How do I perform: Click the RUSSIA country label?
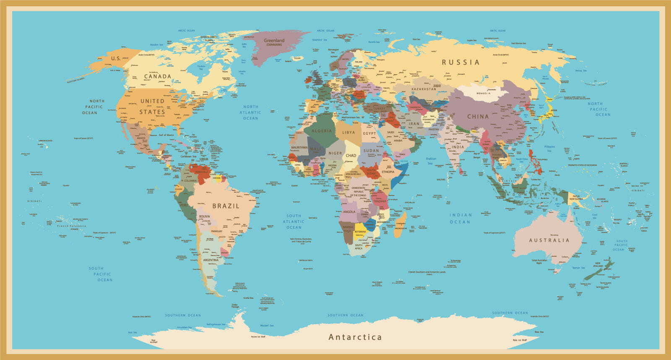pyautogui.click(x=460, y=62)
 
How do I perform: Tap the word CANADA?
pyautogui.click(x=157, y=76)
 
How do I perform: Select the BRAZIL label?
pyautogui.click(x=226, y=206)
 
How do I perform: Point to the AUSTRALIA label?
pyautogui.click(x=549, y=240)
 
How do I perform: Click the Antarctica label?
pyautogui.click(x=355, y=337)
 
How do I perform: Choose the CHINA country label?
pyautogui.click(x=478, y=117)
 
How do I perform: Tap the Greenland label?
pyautogui.click(x=274, y=41)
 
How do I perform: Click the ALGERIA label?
pyautogui.click(x=322, y=131)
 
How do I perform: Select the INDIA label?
pyautogui.click(x=458, y=147)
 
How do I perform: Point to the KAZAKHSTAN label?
pyautogui.click(x=424, y=89)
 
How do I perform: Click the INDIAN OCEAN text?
pyautogui.click(x=460, y=218)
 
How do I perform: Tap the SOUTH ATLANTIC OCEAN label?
pyautogui.click(x=294, y=222)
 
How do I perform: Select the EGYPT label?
pyautogui.click(x=369, y=133)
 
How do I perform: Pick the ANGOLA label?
pyautogui.click(x=349, y=212)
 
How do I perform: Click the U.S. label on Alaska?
pyautogui.click(x=116, y=58)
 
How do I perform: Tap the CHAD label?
pyautogui.click(x=351, y=155)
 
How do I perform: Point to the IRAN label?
pyautogui.click(x=414, y=124)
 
